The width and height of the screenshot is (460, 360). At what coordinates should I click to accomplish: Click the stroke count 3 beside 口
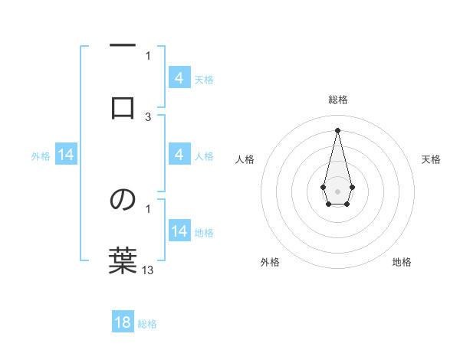click(x=148, y=116)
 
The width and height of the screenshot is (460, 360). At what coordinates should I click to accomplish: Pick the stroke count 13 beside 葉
click(x=148, y=270)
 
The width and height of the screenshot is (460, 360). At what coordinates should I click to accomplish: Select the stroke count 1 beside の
click(x=148, y=208)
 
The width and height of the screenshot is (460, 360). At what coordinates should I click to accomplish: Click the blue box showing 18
click(x=123, y=322)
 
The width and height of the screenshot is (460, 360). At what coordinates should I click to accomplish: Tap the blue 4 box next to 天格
click(x=179, y=78)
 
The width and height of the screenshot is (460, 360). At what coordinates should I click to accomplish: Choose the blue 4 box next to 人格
click(x=179, y=155)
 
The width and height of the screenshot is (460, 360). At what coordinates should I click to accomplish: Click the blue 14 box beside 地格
click(x=179, y=231)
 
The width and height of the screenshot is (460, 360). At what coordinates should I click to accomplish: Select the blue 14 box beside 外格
click(x=66, y=155)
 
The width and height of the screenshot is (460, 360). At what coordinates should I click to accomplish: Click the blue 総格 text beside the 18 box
click(x=147, y=324)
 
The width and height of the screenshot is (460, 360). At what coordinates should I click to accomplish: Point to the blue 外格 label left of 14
click(x=41, y=156)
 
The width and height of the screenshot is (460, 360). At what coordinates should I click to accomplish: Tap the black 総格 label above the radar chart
click(x=337, y=100)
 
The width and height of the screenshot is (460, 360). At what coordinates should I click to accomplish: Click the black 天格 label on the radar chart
click(x=432, y=159)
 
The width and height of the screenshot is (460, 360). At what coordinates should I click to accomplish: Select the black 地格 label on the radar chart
click(x=402, y=262)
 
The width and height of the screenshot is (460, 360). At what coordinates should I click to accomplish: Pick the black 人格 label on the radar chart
click(x=245, y=159)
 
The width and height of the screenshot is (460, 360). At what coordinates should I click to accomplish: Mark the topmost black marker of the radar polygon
click(x=337, y=129)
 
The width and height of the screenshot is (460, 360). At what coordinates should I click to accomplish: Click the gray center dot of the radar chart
click(x=337, y=190)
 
